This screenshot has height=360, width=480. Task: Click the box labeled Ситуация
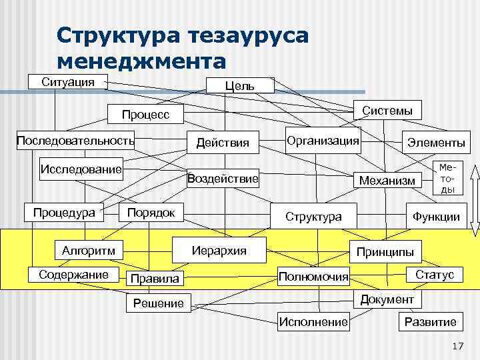coord(67,82)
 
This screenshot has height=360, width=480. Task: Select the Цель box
coord(240,85)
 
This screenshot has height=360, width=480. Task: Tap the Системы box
coord(387,110)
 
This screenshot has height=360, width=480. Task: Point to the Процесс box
coord(146,115)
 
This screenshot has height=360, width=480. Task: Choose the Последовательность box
coord(75,141)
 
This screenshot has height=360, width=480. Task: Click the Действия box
coord(223,142)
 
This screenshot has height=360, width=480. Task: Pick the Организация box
coord(323,141)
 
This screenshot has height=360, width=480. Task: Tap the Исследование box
coord(81,169)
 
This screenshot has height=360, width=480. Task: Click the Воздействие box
coord(223,179)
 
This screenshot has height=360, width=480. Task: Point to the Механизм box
coord(387,179)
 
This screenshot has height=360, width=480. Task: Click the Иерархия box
coord(219,250)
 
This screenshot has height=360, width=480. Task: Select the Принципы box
coord(385,251)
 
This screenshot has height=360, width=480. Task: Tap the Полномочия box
coord(313,276)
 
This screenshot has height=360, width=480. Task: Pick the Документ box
coord(387,299)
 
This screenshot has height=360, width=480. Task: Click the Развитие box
coord(431,322)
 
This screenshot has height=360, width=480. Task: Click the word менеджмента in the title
coord(142,62)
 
